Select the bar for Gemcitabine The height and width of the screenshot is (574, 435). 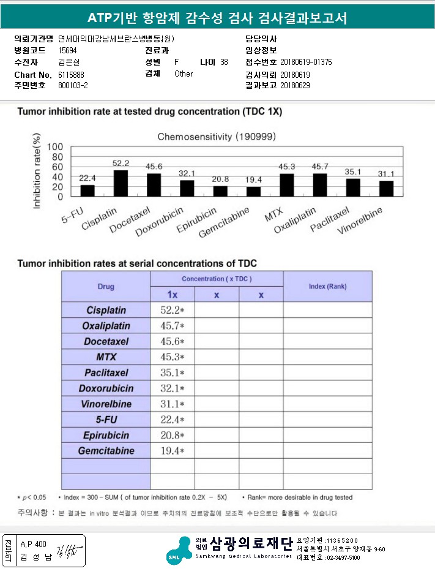pyautogui.click(x=253, y=191)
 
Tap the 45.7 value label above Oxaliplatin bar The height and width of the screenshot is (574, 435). pyautogui.click(x=320, y=167)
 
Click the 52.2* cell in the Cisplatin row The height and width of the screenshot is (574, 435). pyautogui.click(x=173, y=310)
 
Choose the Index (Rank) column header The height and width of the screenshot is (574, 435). pyautogui.click(x=327, y=287)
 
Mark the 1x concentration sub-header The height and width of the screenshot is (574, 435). pyautogui.click(x=173, y=295)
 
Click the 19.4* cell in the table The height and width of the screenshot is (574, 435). pyautogui.click(x=173, y=451)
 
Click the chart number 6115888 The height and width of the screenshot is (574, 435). pyautogui.click(x=72, y=74)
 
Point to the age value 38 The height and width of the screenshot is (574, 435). pyautogui.click(x=224, y=62)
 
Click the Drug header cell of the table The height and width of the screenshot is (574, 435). pyautogui.click(x=106, y=287)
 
